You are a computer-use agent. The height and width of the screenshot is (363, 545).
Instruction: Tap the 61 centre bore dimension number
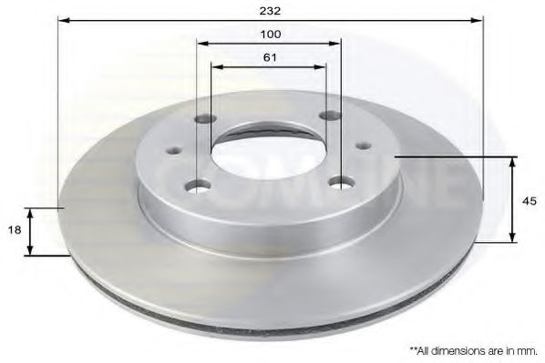pyautogui.click(x=269, y=56)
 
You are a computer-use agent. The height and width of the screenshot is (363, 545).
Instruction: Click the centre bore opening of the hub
pyautogui.click(x=269, y=150)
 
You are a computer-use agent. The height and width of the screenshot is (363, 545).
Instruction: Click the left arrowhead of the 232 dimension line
pyautogui.click(x=63, y=18)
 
